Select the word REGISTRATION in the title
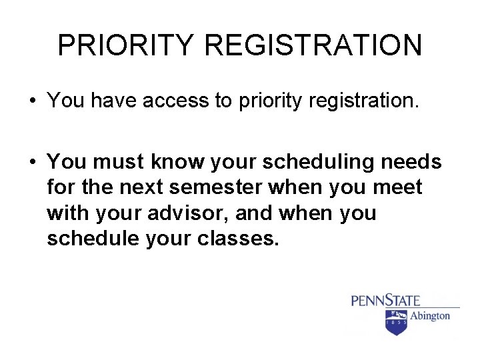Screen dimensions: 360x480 (x=313, y=45)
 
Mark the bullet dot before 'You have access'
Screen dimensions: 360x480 (x=32, y=102)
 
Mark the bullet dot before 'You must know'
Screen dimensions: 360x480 (x=32, y=163)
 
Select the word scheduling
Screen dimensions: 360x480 (x=323, y=162)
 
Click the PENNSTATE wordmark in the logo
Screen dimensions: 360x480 (x=385, y=300)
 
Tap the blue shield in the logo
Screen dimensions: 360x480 (x=396, y=322)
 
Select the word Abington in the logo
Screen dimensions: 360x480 (x=429, y=316)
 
